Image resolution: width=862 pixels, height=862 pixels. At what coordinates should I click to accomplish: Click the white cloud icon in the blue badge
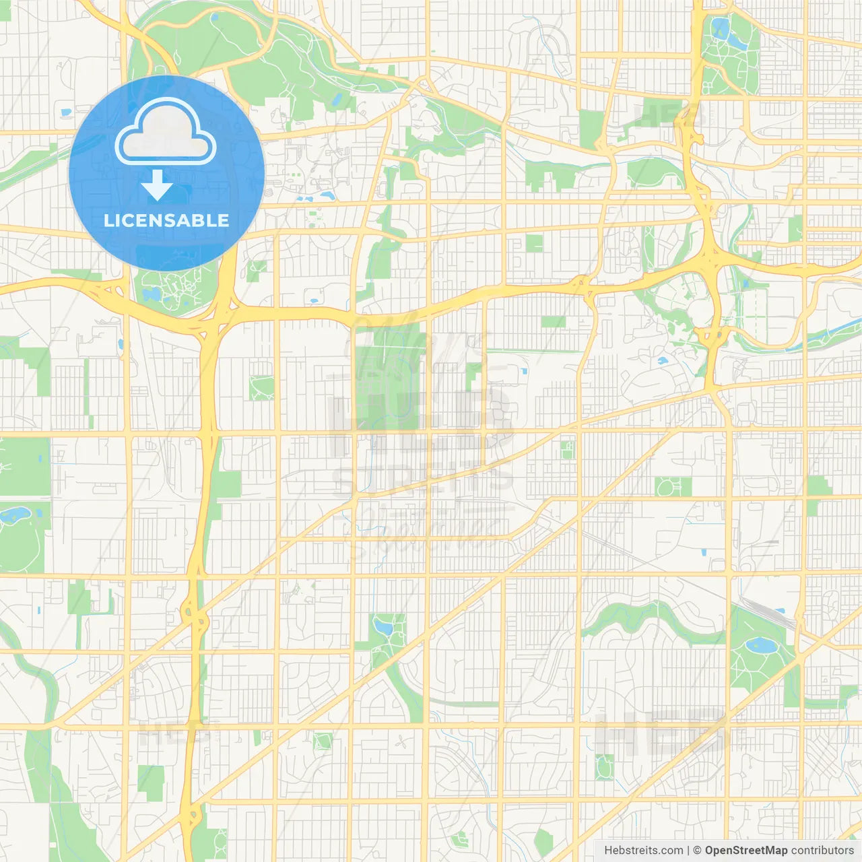166,132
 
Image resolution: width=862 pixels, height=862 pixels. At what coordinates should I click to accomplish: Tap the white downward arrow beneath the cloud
157,186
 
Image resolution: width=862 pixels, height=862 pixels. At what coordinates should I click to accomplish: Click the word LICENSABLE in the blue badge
166,220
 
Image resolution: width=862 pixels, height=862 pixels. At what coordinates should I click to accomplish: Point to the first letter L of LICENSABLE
108,220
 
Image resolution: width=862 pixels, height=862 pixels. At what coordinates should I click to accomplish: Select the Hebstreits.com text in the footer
643,851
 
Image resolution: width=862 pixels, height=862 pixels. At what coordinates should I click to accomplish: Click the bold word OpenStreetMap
746,851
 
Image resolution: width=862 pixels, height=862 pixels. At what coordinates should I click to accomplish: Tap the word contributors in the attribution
822,851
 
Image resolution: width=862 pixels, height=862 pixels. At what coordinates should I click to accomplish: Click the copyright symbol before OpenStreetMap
698,851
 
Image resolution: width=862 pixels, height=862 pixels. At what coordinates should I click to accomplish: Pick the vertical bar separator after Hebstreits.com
688,851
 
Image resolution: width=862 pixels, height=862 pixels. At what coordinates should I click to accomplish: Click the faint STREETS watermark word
423,479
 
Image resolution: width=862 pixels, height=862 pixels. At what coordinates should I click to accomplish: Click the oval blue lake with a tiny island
760,645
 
